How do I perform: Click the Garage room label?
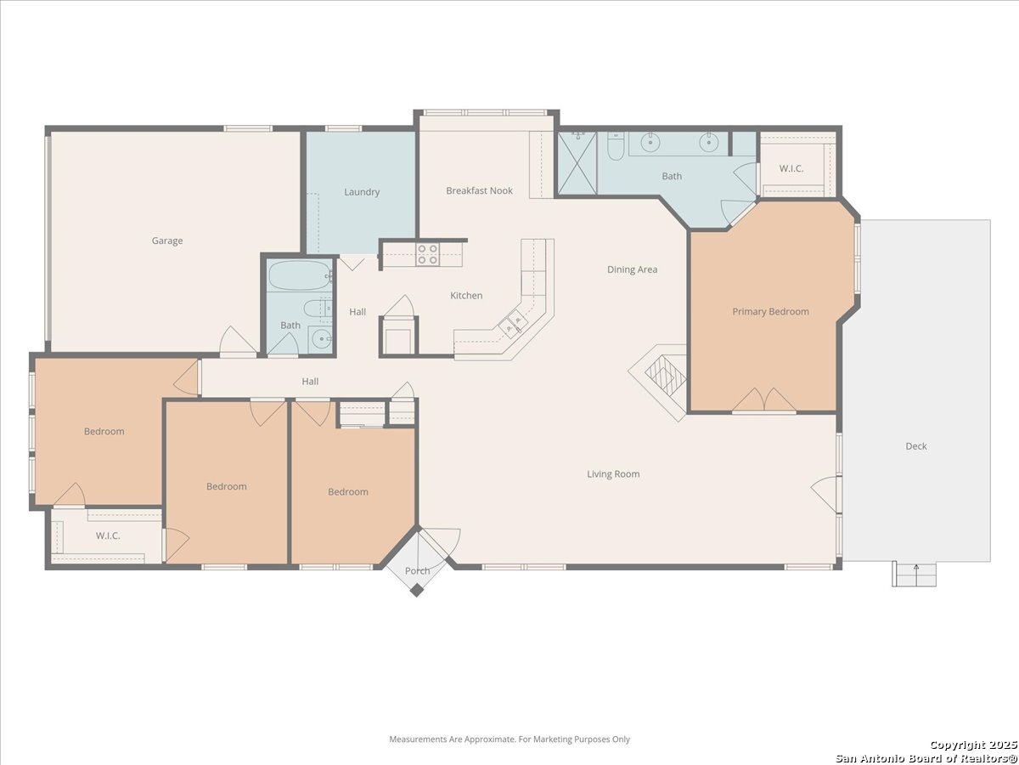click(x=167, y=241)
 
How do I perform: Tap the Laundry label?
click(x=362, y=192)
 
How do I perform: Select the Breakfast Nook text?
click(x=479, y=190)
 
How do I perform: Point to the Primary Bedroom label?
click(x=771, y=312)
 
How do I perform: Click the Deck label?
click(x=916, y=446)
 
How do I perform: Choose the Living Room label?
click(x=613, y=474)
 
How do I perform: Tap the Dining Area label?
click(x=633, y=269)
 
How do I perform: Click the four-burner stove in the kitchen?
click(x=428, y=254)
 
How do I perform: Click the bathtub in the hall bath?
click(x=300, y=276)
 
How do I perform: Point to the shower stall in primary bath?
click(x=577, y=163)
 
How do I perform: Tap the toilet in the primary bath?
click(x=616, y=146)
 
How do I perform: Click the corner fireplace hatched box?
click(x=665, y=377)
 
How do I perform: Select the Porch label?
click(x=417, y=571)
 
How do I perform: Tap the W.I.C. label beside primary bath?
click(x=791, y=168)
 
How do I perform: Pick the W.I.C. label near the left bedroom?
click(x=108, y=535)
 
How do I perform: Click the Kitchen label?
click(x=466, y=296)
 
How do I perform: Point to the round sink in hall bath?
click(x=321, y=339)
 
